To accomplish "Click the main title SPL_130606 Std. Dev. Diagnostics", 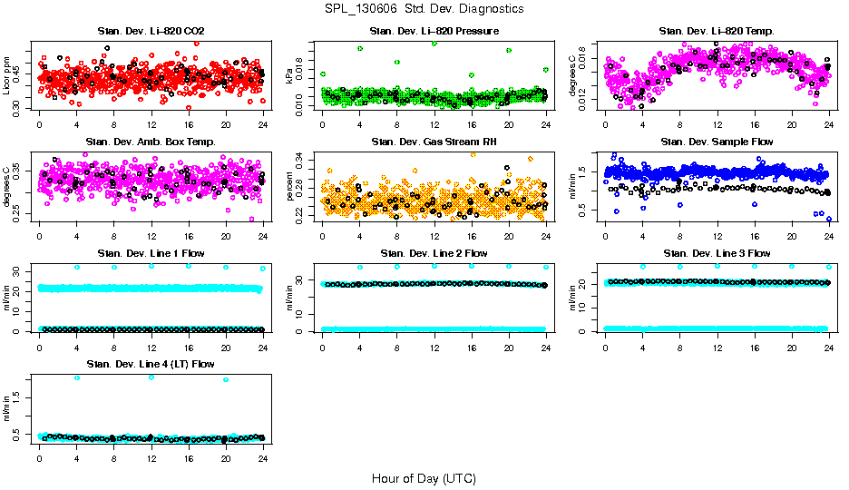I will tap(424, 8).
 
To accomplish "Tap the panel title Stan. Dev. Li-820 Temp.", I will tap(717, 32).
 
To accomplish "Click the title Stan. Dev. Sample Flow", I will tap(717, 142).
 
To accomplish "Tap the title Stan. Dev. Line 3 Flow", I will tap(717, 253).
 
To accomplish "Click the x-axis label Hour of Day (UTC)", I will tap(424, 478).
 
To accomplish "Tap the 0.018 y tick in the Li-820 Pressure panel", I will tap(301, 67).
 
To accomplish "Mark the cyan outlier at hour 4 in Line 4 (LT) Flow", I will tap(77, 377).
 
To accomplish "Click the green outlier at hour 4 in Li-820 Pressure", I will tap(360, 48).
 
